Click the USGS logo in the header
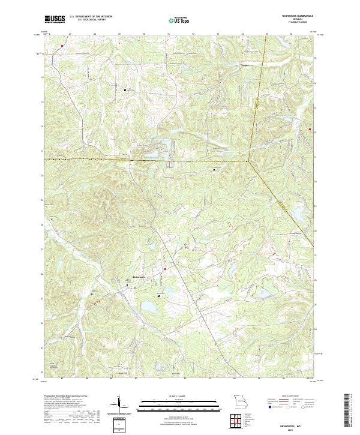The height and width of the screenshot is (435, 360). point(55,19)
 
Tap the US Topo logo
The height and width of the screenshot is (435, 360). point(178,20)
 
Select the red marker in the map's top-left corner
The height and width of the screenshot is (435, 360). point(62,44)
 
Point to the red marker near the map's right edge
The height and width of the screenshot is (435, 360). point(310,128)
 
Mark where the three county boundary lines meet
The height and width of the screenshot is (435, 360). point(248,161)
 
